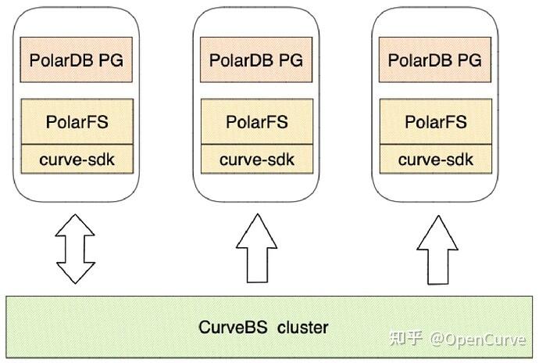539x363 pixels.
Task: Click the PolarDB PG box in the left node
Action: click(77, 59)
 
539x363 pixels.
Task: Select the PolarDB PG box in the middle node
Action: click(257, 59)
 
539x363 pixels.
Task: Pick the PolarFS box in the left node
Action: click(77, 122)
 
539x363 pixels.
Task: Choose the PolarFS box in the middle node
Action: click(257, 122)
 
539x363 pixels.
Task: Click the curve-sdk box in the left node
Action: click(77, 160)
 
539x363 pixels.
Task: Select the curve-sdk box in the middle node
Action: click(257, 160)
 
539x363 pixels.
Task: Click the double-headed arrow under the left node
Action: click(77, 248)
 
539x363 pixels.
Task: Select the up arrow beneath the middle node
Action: click(257, 249)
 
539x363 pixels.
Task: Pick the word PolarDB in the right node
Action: click(420, 59)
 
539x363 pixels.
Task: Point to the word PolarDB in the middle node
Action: click(241, 59)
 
